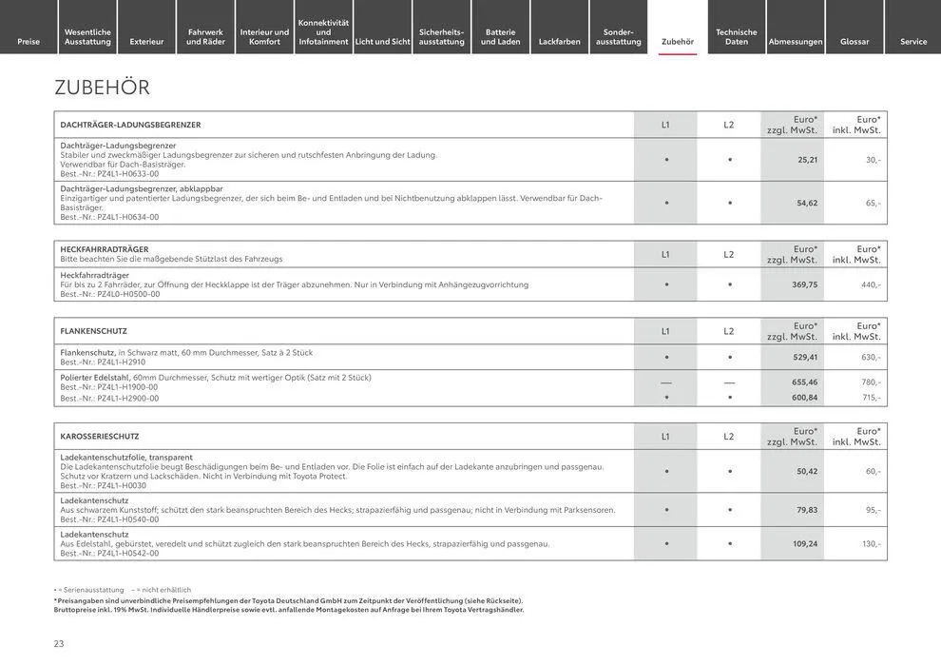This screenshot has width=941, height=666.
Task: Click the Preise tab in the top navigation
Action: [29, 41]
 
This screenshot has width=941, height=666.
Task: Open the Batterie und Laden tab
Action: [500, 36]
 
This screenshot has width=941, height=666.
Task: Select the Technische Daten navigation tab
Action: [737, 36]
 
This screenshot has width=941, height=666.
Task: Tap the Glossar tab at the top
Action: [855, 41]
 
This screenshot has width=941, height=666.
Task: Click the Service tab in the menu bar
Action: [913, 41]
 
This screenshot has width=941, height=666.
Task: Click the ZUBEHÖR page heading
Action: [102, 88]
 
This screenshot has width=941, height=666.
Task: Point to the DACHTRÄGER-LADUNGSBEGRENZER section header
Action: [130, 125]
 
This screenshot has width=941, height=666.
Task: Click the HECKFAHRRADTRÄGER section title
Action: [105, 249]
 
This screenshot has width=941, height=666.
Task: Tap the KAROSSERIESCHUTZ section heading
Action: [100, 437]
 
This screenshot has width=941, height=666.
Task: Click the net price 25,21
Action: [807, 160]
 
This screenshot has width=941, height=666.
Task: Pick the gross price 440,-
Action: [871, 284]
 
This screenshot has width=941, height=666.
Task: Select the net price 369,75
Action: [804, 284]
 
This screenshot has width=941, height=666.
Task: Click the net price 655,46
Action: [804, 382]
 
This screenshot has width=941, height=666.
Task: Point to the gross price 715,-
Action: [871, 398]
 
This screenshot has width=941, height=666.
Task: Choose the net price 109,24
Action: [804, 544]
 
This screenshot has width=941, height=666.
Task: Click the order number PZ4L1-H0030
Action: [122, 485]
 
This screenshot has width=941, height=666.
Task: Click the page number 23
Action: [59, 644]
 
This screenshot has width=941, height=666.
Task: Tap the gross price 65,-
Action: [873, 203]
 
